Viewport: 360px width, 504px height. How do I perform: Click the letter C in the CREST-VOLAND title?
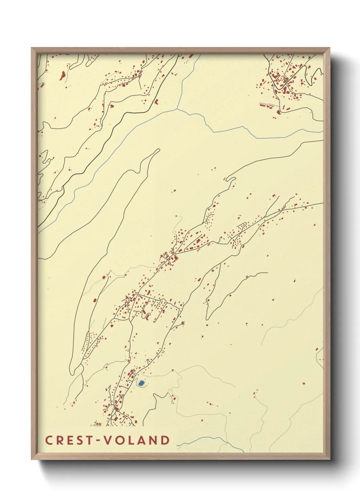[x=49, y=440]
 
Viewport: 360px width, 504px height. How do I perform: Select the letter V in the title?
[x=108, y=440]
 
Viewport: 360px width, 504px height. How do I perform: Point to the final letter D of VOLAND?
[x=165, y=440]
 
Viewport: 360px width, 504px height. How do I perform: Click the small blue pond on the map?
[x=141, y=383]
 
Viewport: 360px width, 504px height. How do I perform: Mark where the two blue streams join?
[x=177, y=109]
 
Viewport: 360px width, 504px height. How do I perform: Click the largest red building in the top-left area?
[x=62, y=75]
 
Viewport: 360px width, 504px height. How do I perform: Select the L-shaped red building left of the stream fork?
[x=157, y=101]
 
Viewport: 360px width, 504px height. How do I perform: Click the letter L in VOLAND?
[x=131, y=440]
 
